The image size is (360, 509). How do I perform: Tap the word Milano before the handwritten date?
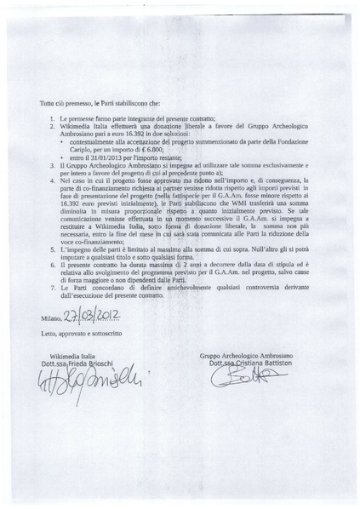pyautogui.click(x=51, y=319)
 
